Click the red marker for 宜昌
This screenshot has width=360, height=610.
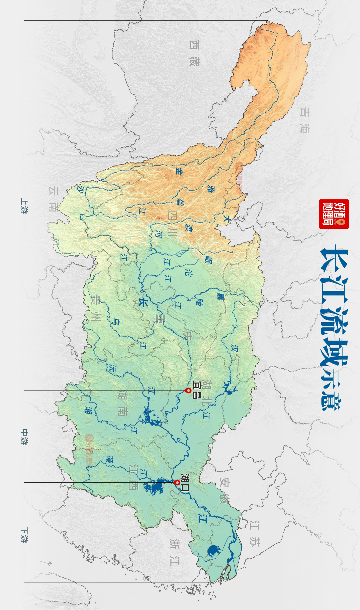pos(188,390)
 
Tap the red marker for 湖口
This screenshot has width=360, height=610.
pos(177,482)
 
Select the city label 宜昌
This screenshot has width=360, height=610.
pos(197,390)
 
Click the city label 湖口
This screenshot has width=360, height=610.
pos(185,482)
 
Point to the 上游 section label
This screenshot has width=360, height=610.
pos(24,205)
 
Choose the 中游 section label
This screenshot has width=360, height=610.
pos(24,437)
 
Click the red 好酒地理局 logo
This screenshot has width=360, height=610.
pos(334,214)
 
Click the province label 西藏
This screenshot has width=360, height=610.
pos(194,53)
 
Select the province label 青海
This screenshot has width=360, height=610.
pos(304,120)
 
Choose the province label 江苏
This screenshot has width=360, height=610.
pos(254,533)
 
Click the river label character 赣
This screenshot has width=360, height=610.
pos(109,459)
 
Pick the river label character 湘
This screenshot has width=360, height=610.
pos(88,410)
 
